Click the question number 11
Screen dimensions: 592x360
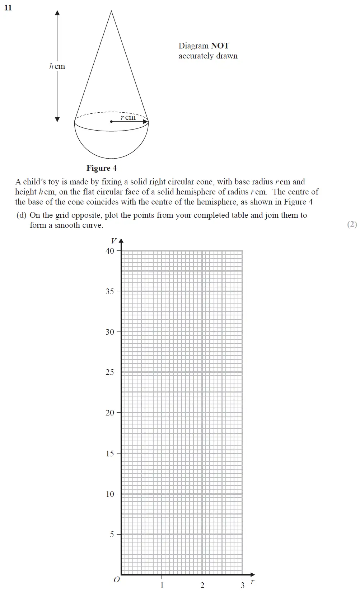click(x=8, y=8)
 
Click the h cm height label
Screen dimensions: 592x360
click(x=57, y=66)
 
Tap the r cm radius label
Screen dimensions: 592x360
click(x=128, y=117)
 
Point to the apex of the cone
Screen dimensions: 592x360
click(x=111, y=11)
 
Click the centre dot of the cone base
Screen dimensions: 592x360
click(x=111, y=122)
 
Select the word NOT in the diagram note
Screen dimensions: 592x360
click(x=220, y=46)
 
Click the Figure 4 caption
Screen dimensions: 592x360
click(x=102, y=168)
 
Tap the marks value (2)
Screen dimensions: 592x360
click(x=352, y=224)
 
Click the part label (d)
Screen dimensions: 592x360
click(x=22, y=215)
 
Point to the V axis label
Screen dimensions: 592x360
click(x=114, y=241)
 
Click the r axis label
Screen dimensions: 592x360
click(x=252, y=582)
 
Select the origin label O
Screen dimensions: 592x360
click(x=117, y=579)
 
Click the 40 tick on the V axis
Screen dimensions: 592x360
click(x=110, y=251)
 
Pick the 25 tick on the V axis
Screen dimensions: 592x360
click(x=110, y=372)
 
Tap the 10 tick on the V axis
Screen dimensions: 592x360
click(x=110, y=494)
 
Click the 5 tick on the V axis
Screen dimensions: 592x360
click(x=112, y=534)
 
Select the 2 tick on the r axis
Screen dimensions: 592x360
click(x=202, y=585)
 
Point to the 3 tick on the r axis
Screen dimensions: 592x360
click(x=242, y=585)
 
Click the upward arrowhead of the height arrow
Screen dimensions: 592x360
click(x=57, y=13)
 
